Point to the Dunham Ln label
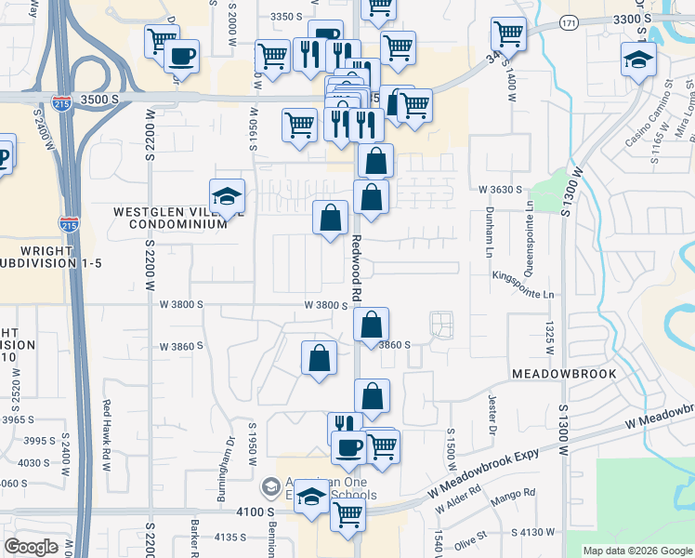(x=488, y=232)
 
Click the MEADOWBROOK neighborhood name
(x=564, y=373)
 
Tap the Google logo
(x=31, y=547)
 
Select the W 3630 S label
(x=502, y=190)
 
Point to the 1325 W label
(x=550, y=337)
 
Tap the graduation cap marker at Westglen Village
(x=227, y=195)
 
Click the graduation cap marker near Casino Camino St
(x=637, y=60)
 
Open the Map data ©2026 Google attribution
(x=637, y=551)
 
